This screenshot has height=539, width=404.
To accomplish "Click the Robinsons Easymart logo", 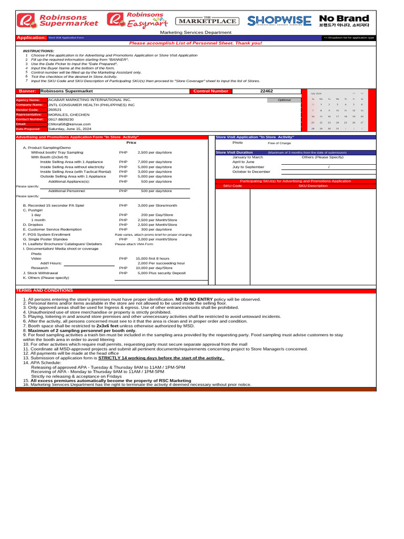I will click(136, 20).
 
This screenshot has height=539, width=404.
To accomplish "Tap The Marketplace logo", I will click(206, 21).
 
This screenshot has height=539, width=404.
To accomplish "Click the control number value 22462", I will click(267, 91).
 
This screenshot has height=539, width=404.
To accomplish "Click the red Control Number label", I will click(211, 91).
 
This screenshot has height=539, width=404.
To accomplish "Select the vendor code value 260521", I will click(56, 109).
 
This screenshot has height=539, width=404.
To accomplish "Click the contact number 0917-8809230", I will click(60, 119).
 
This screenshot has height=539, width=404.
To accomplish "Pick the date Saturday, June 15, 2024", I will click(69, 129).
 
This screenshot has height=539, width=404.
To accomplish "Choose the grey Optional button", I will click(285, 100).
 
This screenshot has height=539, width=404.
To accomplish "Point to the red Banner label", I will click(27, 91).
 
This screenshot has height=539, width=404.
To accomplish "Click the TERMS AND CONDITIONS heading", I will click(45, 291).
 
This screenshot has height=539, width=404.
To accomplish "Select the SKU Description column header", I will click(312, 186).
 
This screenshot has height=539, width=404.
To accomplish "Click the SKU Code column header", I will click(233, 186).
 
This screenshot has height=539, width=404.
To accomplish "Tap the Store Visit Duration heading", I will click(234, 153).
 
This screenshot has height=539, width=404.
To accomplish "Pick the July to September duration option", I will click(248, 167).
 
